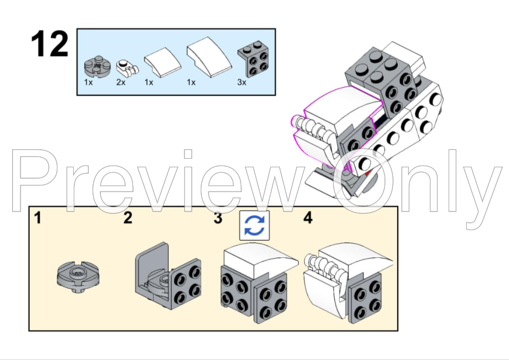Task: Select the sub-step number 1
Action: pyautogui.click(x=38, y=218)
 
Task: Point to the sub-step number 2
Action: pyautogui.click(x=128, y=218)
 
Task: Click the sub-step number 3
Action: pyautogui.click(x=218, y=218)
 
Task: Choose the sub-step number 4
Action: pyautogui.click(x=308, y=218)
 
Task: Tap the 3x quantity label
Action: pyautogui.click(x=242, y=82)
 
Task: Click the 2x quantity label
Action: pyautogui.click(x=121, y=82)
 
